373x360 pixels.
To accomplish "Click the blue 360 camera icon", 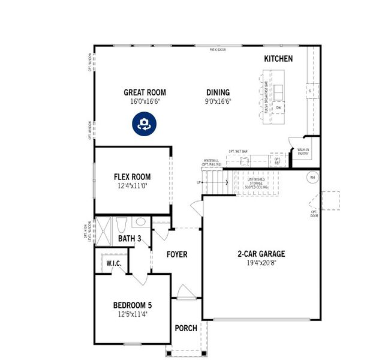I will pos(144,124).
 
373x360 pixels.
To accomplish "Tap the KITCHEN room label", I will pos(278,59).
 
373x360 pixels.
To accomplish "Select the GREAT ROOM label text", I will pos(145,92).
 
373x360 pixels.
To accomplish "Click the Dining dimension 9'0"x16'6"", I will pos(218,102).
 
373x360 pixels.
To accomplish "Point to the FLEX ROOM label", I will pos(132,177).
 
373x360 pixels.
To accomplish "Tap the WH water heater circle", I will pos(312,178).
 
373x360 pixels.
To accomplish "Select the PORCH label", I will pos(186,328).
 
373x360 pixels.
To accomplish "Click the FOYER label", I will pos(176,254).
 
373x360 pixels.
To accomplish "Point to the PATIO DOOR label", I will pos(218,49).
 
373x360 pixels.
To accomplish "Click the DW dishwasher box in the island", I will pos(279,108).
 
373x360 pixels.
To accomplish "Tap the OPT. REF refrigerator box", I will pos(277,161).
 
